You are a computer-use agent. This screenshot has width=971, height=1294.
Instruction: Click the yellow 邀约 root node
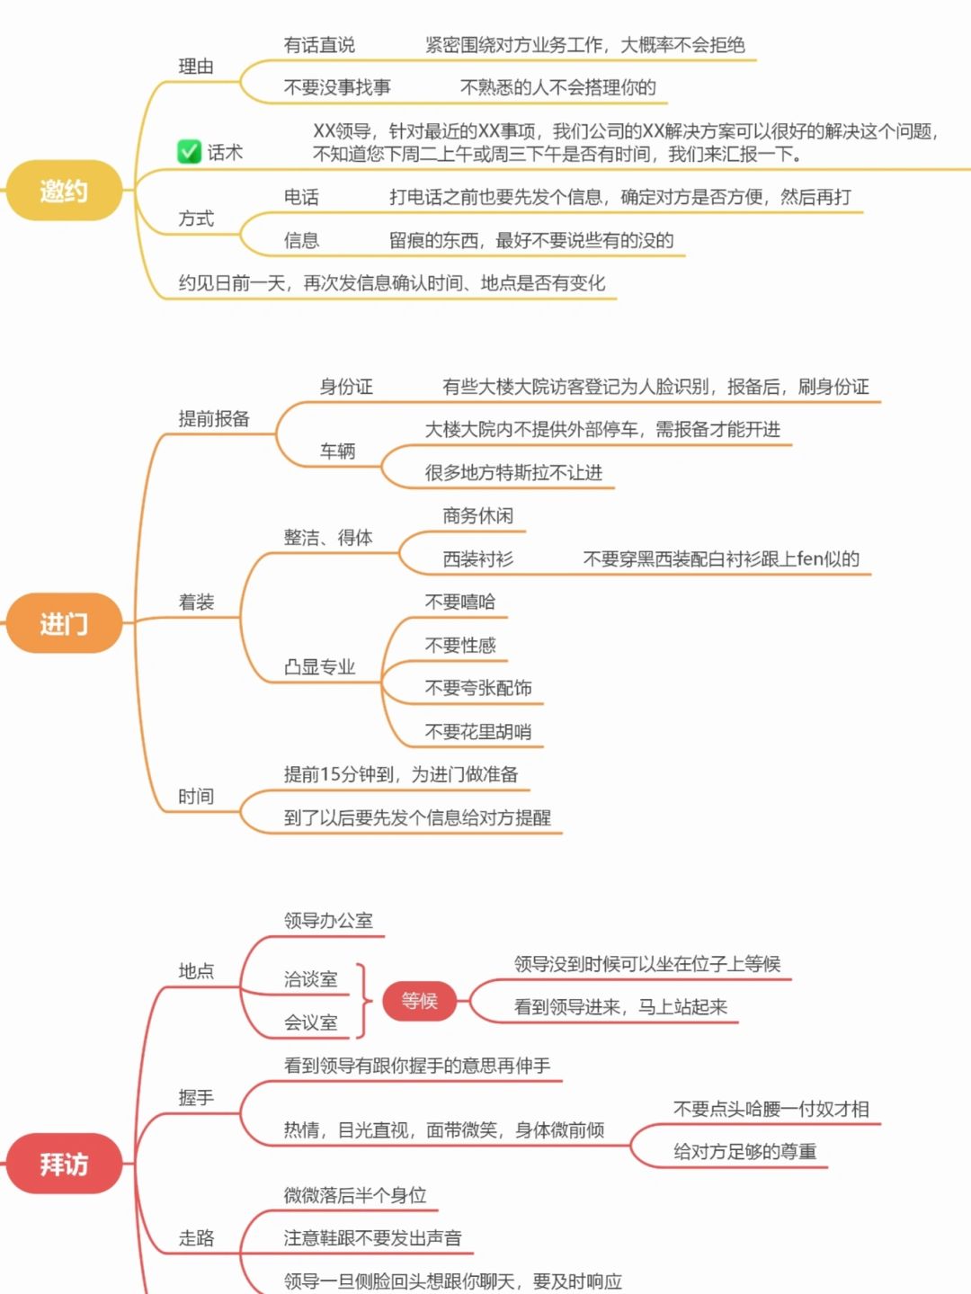[63, 191]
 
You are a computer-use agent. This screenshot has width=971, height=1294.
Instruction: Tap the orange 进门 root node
[63, 623]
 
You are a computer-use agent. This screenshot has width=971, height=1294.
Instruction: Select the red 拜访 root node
[63, 1165]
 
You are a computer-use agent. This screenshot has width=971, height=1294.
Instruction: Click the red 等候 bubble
[419, 1001]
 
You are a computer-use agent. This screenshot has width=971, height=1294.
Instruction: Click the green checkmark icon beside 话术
[189, 152]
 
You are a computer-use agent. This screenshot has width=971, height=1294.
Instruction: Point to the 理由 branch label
[196, 67]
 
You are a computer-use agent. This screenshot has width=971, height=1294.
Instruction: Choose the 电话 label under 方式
[301, 197]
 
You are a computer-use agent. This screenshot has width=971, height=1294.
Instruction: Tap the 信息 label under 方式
[301, 240]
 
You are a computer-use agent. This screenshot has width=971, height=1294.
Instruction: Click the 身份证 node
[346, 387]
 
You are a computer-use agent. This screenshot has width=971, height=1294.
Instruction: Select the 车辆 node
[337, 451]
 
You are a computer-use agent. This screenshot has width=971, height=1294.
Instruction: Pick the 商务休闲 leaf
[477, 515]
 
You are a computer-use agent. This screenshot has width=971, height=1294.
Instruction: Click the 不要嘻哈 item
[459, 602]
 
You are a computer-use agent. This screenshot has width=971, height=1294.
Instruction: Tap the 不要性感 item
[459, 645]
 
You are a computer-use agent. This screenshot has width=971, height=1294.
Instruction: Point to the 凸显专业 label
[319, 666]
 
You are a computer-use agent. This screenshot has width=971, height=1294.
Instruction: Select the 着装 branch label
[196, 602]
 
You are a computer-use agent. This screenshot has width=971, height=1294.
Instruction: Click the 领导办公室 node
[328, 920]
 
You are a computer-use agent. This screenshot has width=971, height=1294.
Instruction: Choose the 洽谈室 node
[310, 979]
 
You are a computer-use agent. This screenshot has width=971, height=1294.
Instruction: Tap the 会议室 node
[310, 1022]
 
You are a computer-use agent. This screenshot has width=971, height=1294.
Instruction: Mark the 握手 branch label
[196, 1097]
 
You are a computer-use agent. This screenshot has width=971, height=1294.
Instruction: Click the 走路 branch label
[196, 1238]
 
